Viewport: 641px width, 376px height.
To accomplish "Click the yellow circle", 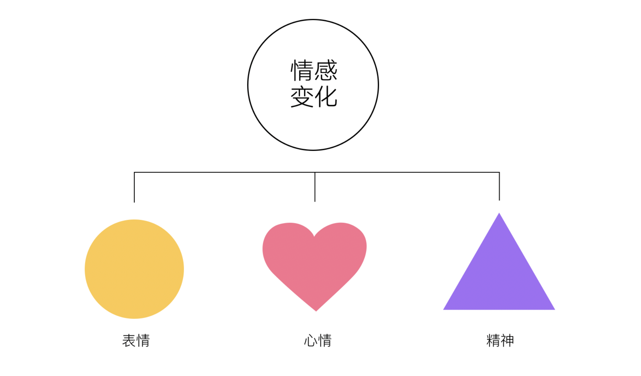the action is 134,269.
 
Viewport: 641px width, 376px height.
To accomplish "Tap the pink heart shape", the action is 314,262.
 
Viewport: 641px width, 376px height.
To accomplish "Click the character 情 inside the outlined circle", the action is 302,70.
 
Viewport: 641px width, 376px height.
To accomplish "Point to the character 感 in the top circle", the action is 326,70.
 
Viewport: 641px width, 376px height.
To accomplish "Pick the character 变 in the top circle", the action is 302,97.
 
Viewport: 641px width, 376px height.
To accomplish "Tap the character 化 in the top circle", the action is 326,97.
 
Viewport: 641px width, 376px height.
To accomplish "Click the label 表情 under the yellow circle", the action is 136,340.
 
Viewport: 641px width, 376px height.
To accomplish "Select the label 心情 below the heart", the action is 317,340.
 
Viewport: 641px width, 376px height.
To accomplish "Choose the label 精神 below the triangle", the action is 500,340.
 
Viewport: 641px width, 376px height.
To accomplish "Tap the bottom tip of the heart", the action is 316,310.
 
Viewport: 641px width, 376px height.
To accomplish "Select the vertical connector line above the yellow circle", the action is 134,187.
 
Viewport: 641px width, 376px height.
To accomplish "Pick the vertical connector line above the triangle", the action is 499,186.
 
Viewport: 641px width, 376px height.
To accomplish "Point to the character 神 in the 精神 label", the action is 507,340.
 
